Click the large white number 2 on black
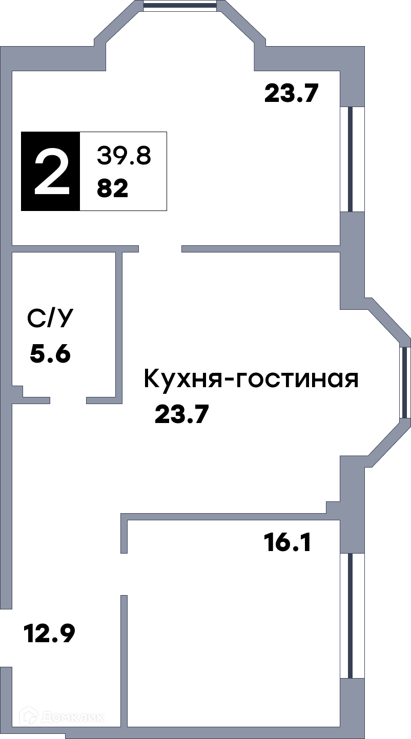pos(52,171)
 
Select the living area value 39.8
pos(124,156)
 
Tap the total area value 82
pos(112,189)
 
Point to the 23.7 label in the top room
pos(291,93)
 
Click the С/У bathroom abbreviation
pos(50,319)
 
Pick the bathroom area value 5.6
pos(50,353)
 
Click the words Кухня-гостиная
pos(251,379)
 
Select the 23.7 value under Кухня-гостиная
pos(182,414)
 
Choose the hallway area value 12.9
pos(50,634)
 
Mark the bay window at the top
pos(180,6)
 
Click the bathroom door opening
pos(68,400)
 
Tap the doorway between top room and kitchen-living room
pos(160,249)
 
